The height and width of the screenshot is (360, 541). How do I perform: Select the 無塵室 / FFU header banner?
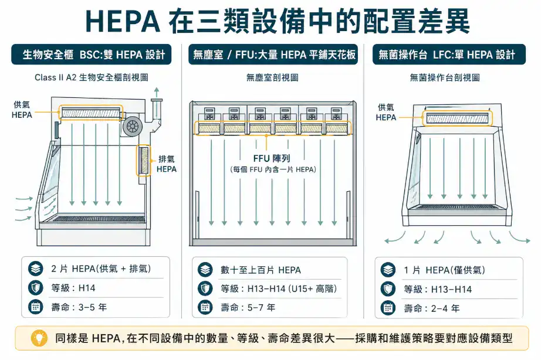273,55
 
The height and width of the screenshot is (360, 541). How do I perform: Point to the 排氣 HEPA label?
167,164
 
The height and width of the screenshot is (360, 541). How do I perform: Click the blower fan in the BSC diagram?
133,125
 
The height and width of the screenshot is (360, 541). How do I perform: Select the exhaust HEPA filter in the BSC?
143,161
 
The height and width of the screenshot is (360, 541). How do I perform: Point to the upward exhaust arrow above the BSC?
156,92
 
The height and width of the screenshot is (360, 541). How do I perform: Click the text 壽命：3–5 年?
79,307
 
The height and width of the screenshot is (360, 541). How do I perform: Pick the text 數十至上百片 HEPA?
261,270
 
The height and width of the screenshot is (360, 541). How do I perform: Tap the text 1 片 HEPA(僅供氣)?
444,270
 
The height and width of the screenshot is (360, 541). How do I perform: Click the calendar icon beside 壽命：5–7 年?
205,307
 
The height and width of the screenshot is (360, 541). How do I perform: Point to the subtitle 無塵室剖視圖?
272,77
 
